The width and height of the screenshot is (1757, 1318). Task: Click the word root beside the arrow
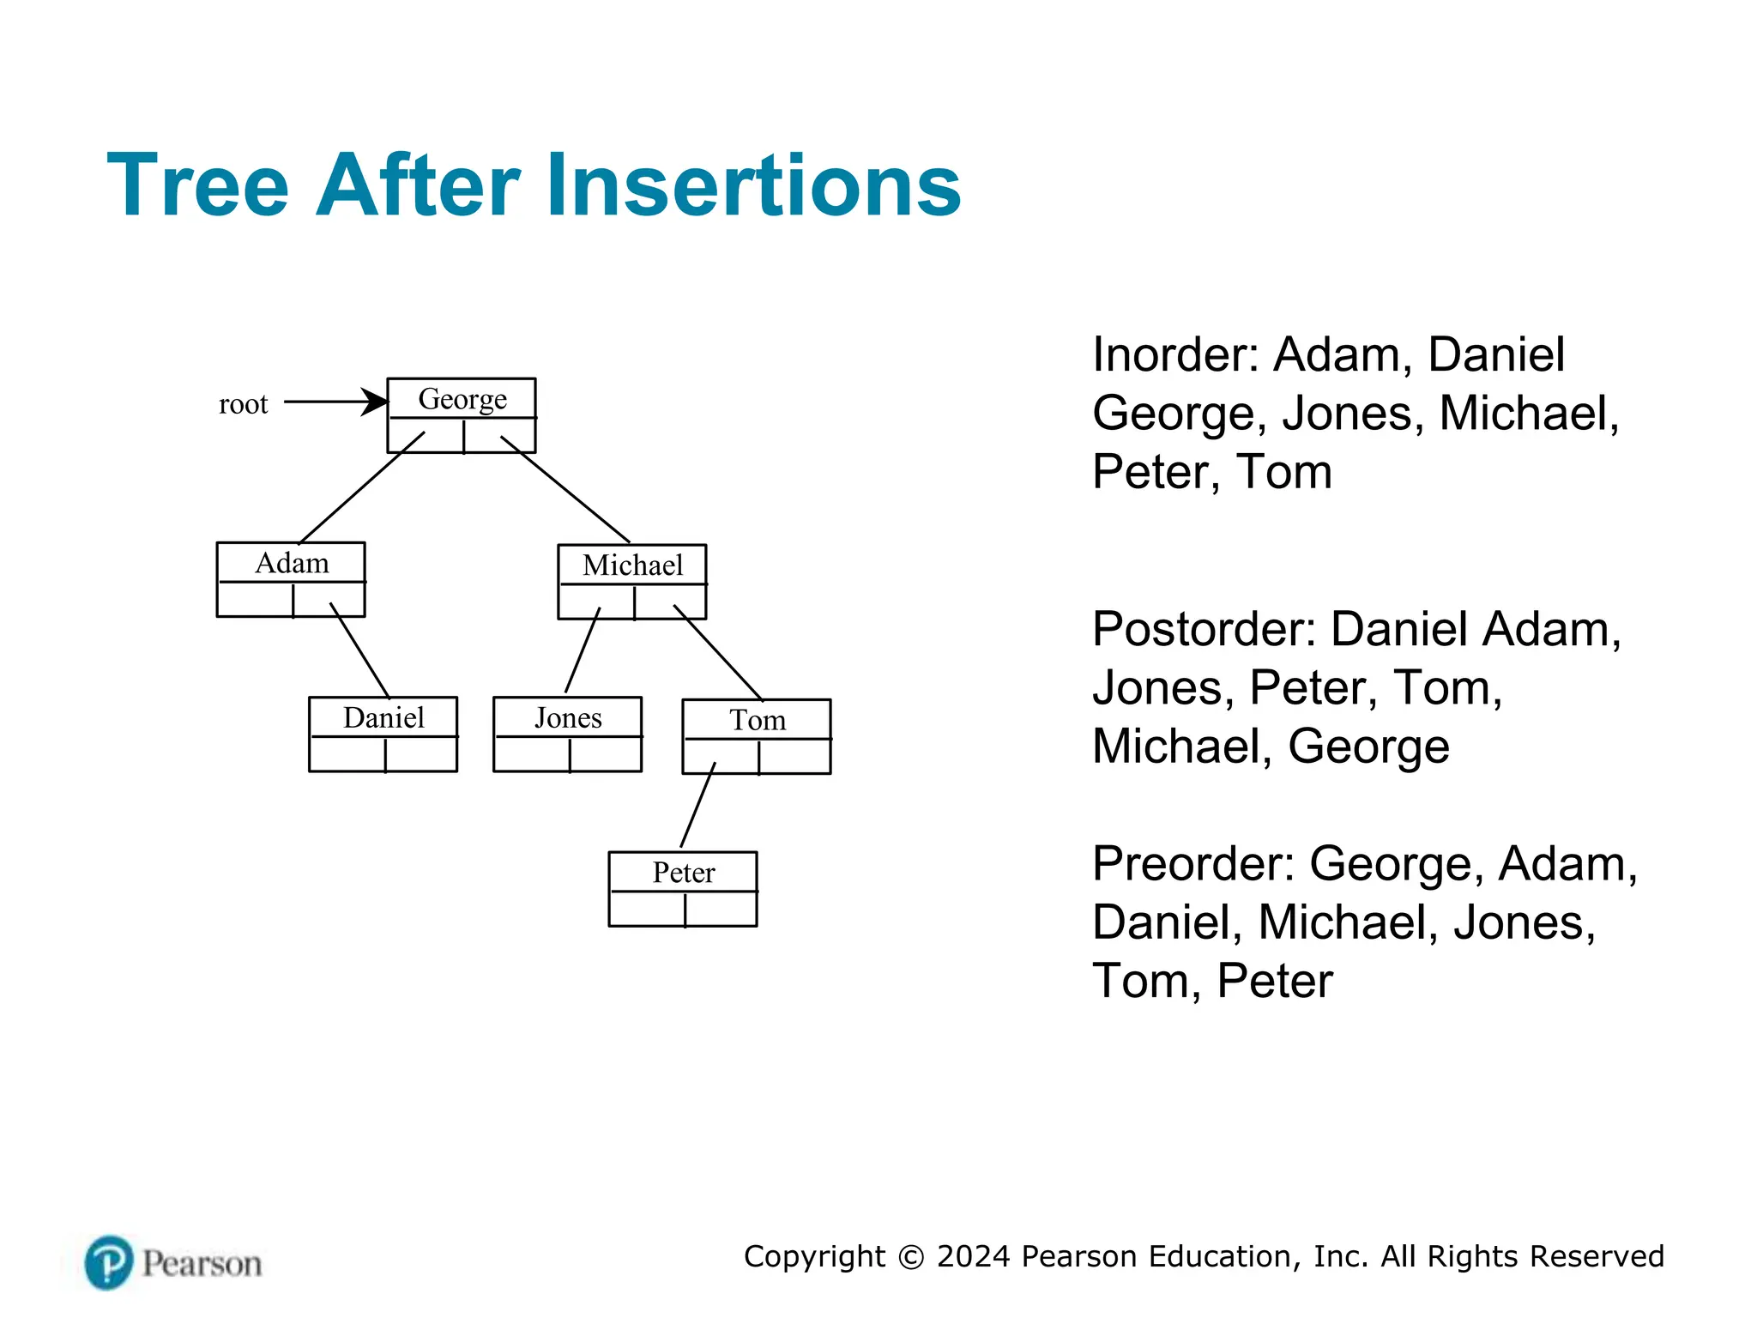[243, 404]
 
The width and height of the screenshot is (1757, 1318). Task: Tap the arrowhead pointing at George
[374, 402]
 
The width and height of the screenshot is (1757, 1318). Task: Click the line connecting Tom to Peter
[697, 805]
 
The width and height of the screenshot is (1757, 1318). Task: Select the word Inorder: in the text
[1175, 355]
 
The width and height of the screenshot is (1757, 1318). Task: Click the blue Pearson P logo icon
[109, 1262]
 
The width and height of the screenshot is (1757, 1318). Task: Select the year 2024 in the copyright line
[973, 1256]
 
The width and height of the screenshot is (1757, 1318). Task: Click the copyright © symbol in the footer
[911, 1257]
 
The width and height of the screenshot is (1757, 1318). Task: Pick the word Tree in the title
[198, 185]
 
